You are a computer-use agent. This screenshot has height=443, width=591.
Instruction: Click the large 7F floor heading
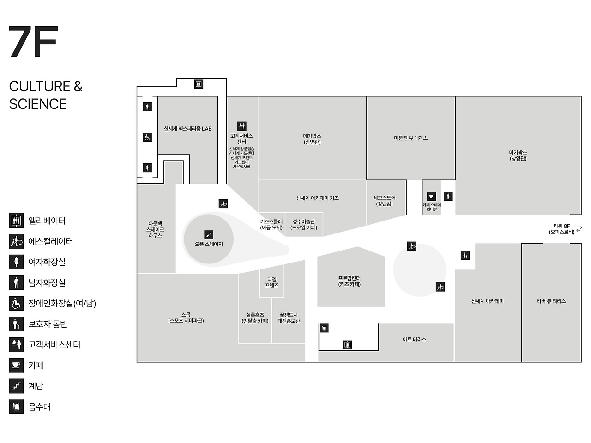33,42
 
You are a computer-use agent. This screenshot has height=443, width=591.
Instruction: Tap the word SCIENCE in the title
38,104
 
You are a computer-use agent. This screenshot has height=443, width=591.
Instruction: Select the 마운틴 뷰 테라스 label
410,138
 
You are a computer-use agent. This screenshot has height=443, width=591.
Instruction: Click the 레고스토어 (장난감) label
384,201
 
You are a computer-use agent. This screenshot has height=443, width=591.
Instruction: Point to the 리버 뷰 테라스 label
551,301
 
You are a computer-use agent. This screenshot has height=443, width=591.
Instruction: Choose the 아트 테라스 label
414,339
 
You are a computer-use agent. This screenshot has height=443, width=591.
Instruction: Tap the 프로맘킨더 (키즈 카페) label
349,281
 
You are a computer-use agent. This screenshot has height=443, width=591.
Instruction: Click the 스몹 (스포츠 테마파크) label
186,317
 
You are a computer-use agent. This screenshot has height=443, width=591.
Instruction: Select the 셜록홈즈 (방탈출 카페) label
255,318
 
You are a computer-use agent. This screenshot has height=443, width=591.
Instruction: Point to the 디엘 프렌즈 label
271,282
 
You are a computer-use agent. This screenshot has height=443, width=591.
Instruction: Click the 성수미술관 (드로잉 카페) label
303,224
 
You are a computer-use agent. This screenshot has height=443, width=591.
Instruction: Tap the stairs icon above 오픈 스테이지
209,235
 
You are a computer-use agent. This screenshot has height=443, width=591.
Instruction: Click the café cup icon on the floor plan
431,197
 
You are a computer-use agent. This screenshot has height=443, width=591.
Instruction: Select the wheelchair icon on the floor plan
147,137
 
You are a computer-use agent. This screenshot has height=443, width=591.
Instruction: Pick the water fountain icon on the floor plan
324,328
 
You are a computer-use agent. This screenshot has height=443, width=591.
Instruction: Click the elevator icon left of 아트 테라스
347,345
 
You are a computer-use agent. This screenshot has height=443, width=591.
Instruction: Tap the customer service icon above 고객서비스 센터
241,126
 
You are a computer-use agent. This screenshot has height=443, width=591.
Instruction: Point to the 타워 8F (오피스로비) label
562,229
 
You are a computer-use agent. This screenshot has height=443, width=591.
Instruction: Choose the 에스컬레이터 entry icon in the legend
16,241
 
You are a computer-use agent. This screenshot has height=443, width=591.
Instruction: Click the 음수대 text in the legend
40,407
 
